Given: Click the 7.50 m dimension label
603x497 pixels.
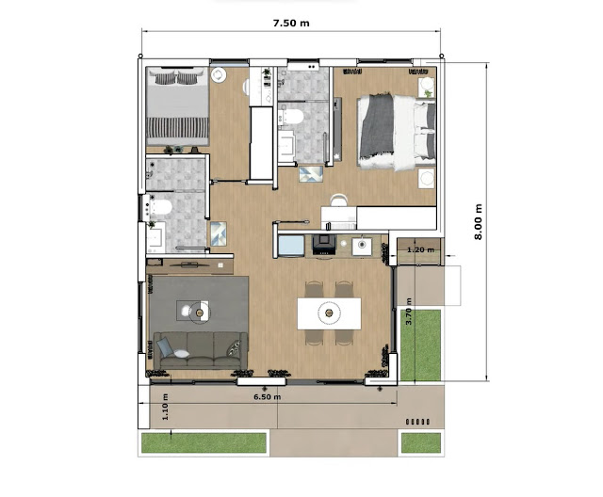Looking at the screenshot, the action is tap(291, 23).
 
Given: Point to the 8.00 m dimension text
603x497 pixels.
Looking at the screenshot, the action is tap(478, 221).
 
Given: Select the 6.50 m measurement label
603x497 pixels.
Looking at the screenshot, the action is tap(268, 397).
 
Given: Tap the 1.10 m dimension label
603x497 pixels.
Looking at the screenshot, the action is tap(166, 407).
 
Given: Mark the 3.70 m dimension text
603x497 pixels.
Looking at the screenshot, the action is tap(408, 312).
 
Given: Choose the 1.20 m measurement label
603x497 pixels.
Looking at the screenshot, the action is tap(421, 249).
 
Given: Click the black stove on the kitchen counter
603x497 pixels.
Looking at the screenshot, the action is tap(324, 245).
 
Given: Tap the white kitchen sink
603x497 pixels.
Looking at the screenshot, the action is tap(362, 247).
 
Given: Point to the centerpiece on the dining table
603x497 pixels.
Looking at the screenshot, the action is tap(329, 313).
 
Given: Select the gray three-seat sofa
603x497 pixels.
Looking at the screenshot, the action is tap(201, 350).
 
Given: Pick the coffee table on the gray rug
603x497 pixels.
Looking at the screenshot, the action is tap(192, 311).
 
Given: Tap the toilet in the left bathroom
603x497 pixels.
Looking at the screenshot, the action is tap(159, 207).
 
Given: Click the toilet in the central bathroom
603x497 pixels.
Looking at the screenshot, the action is tap(291, 117).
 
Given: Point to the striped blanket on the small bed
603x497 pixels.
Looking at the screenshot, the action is tap(178, 127).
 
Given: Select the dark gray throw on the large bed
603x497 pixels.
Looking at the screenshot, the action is tap(376, 126).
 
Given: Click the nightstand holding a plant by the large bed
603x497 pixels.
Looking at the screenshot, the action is tap(427, 88).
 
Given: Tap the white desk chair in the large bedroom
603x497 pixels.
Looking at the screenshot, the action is tap(339, 200).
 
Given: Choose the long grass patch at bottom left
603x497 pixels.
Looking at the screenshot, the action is tap(204, 442).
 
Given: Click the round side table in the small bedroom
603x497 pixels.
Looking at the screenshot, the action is tap(219, 75).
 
